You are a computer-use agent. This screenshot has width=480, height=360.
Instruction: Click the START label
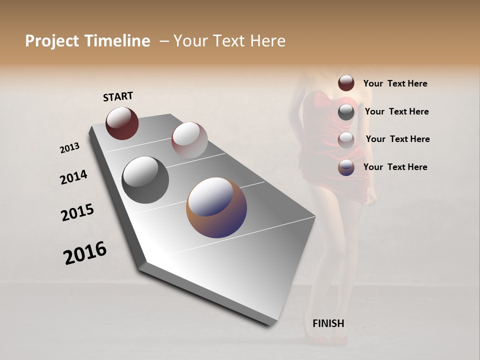[x=118, y=96]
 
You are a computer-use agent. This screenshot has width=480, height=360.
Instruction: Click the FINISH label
[x=328, y=323]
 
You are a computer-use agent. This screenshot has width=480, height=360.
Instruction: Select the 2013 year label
[x=69, y=148]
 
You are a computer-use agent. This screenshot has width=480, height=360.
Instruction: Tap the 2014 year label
[x=73, y=177]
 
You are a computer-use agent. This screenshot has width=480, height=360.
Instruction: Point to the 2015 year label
[x=77, y=212]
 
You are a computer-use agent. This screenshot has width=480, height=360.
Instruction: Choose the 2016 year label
[x=85, y=253]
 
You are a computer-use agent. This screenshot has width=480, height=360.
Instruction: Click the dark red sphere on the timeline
[x=122, y=123]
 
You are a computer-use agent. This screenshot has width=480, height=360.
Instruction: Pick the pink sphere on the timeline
[x=189, y=140]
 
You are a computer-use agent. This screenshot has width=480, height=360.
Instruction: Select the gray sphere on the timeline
[x=145, y=179]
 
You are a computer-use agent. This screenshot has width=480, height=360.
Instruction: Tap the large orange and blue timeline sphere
[x=216, y=207]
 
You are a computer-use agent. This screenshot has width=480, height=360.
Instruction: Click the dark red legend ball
[x=346, y=83]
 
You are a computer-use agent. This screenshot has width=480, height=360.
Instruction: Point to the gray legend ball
[x=346, y=112]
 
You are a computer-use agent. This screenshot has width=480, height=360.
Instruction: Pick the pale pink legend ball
[x=346, y=140]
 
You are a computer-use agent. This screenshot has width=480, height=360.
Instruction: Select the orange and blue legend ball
[x=346, y=167]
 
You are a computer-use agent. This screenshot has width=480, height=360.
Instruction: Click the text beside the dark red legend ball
[x=395, y=84]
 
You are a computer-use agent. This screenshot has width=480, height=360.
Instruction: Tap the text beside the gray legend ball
[x=396, y=111]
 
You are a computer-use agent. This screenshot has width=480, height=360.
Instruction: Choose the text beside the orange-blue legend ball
[x=395, y=167]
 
